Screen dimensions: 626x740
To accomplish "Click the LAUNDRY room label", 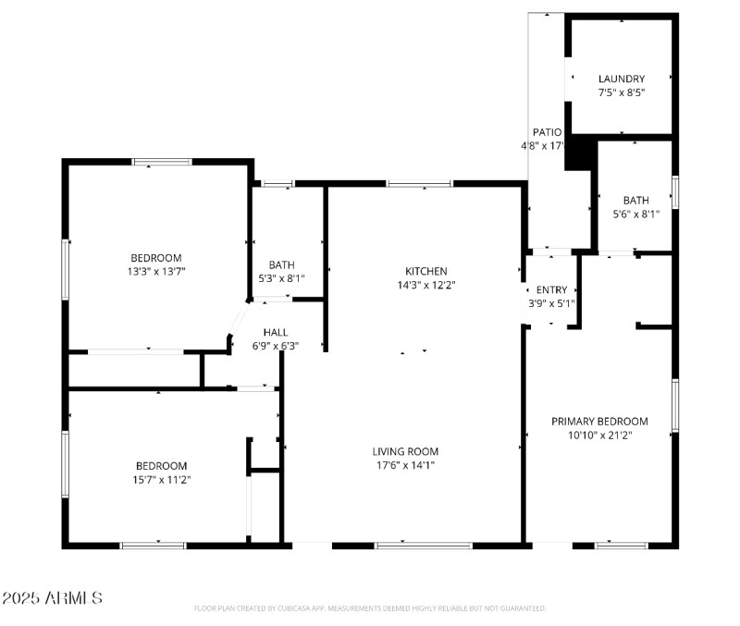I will pos(621,79).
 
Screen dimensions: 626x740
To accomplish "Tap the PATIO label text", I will pos(547,132).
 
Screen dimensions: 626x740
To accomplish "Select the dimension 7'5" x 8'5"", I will pos(621,92).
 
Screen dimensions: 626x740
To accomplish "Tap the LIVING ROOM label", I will pos(405,451).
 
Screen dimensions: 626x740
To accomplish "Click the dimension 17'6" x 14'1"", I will pos(405,465).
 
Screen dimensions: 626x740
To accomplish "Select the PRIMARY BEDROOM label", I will pos(599,421).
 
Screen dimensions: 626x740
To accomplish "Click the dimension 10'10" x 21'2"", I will pos(599,435).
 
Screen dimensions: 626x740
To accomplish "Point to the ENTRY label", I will pos(551,290).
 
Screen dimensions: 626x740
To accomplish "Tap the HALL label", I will pos(276,332).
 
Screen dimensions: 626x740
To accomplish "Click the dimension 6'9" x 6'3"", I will pos(276,346).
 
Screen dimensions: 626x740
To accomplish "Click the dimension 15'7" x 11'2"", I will pos(161,480).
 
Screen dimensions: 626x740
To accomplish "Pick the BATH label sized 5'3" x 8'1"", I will pos(281,264).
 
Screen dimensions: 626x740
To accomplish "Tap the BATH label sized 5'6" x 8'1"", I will pos(635,200).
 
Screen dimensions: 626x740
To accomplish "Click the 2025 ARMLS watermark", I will pos(52,598).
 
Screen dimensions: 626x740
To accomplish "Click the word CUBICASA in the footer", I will pos(297,608).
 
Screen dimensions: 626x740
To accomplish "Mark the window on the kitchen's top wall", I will pos(419,184).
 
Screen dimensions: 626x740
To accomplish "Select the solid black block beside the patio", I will pos(578,153).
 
